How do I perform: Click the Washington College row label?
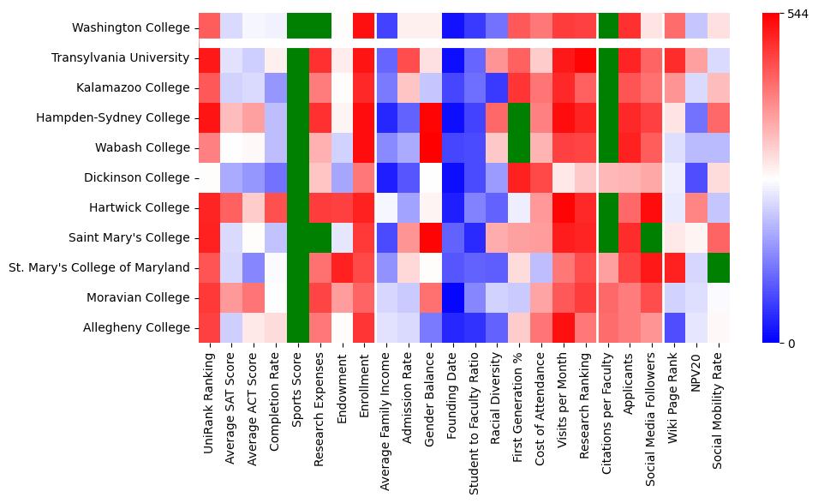(x=131, y=27)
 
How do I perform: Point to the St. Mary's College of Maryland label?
(x=99, y=267)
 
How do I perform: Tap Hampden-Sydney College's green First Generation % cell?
(x=521, y=117)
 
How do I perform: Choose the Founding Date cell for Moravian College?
(x=451, y=297)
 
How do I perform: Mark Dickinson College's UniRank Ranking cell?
(x=210, y=177)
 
